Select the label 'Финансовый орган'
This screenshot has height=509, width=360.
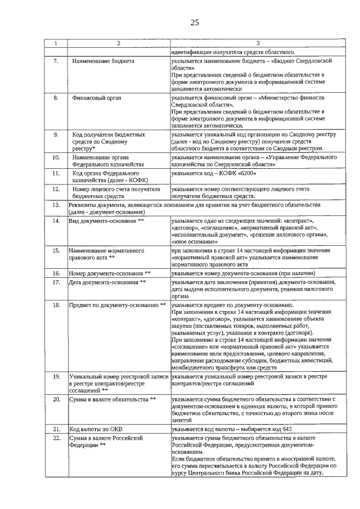pyautogui.click(x=97, y=98)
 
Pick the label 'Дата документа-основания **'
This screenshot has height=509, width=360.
pyautogui.click(x=107, y=282)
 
